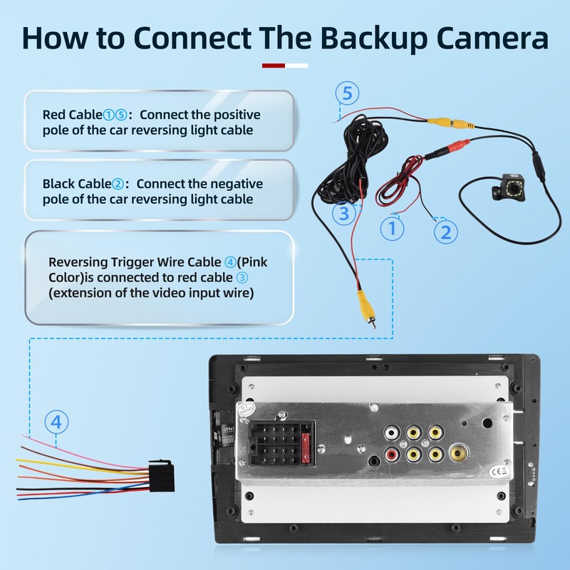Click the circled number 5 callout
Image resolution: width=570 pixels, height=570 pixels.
point(347,93)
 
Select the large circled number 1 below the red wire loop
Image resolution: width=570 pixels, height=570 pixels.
point(391,229)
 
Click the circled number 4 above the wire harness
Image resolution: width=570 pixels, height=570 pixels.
point(57,422)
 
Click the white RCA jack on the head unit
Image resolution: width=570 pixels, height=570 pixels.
point(391,432)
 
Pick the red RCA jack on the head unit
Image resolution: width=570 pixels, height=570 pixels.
point(391,453)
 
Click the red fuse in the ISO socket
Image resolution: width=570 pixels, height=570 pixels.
point(307,442)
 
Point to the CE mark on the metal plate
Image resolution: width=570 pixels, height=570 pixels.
point(503,470)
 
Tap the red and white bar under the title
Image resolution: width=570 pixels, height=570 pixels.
point(285,66)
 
